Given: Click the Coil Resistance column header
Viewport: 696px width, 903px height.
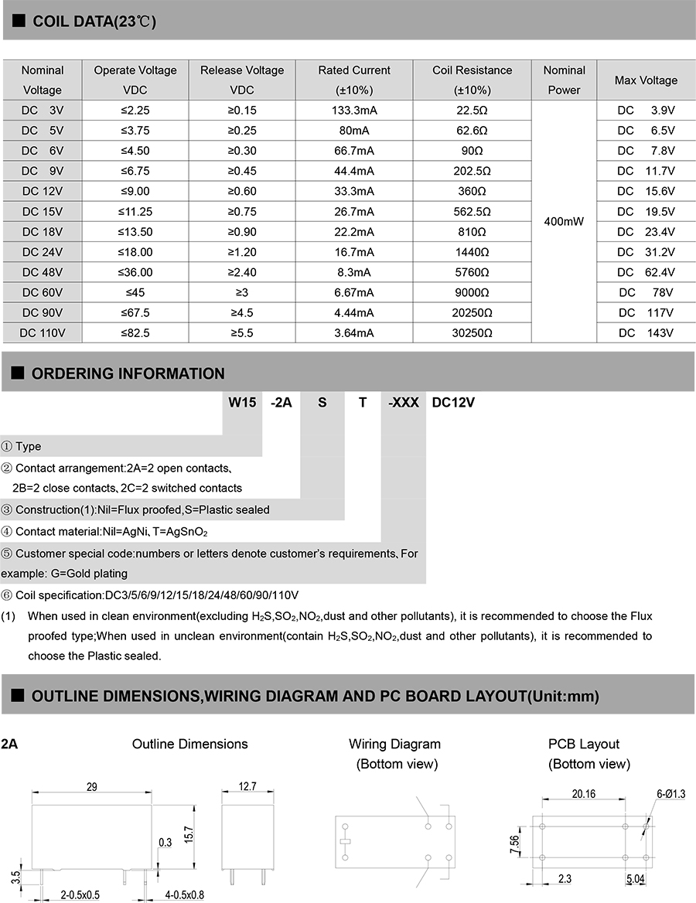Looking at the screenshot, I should [x=472, y=80].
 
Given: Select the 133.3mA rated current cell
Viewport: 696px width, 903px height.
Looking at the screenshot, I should [x=354, y=110].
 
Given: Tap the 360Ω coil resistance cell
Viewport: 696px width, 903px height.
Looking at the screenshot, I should [x=472, y=191].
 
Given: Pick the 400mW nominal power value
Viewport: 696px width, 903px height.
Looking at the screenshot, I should [x=564, y=221].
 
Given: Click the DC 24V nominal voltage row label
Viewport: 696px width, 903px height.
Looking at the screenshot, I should [x=43, y=251].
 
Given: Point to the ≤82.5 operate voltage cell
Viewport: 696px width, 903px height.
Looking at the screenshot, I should [x=135, y=332].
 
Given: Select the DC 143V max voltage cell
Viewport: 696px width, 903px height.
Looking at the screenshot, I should [x=646, y=332].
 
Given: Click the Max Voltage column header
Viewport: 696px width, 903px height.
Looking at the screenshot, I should [x=646, y=80].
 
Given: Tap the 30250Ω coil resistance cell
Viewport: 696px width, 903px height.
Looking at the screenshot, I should [x=472, y=332].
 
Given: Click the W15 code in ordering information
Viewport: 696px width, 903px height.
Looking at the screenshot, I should [x=241, y=402].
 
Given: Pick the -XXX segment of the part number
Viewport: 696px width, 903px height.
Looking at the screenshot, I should [x=403, y=402].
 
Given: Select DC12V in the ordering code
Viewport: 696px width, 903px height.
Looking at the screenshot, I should [x=453, y=402].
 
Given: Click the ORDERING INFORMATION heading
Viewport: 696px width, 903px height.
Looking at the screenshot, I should [x=128, y=373].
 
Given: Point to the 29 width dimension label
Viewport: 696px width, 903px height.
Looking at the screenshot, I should [x=92, y=786].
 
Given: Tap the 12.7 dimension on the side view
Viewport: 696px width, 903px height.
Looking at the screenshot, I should [x=247, y=786].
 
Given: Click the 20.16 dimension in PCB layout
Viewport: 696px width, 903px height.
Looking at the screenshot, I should [x=583, y=793].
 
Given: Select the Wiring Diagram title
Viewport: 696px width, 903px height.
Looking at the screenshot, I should [x=394, y=744].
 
